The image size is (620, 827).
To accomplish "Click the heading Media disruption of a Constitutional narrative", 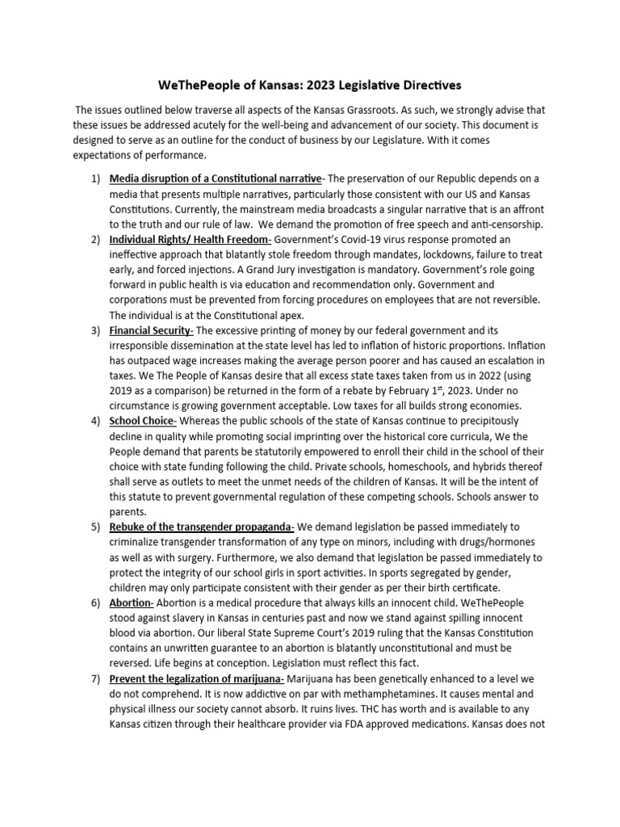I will pyautogui.click(x=216, y=178).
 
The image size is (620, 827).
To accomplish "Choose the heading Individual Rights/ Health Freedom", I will pyautogui.click(x=191, y=239).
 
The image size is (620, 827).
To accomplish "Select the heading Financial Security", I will pyautogui.click(x=151, y=330).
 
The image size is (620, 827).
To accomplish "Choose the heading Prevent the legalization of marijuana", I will pyautogui.click(x=196, y=679).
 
